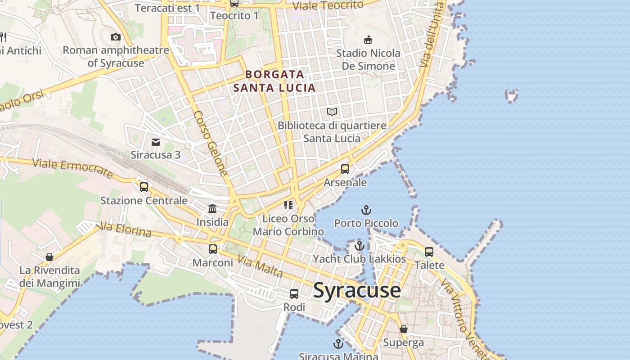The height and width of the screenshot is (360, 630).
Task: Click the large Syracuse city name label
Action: pyautogui.click(x=357, y=290)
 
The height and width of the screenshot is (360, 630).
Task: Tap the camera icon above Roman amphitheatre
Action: pyautogui.click(x=116, y=37)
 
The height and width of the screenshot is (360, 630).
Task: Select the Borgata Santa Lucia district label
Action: pyautogui.click(x=274, y=81)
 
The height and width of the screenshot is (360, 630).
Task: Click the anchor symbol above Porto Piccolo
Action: pyautogui.click(x=366, y=210)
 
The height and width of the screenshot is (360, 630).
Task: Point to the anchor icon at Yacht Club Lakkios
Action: pyautogui.click(x=359, y=246)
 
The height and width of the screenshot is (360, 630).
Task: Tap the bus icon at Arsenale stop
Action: pyautogui.click(x=345, y=169)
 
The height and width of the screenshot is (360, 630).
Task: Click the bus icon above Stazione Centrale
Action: pyautogui.click(x=144, y=187)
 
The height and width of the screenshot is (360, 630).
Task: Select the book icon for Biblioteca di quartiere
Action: pyautogui.click(x=332, y=112)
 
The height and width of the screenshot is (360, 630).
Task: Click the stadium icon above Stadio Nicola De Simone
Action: pyautogui.click(x=368, y=40)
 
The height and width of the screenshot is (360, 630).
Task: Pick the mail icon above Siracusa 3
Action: pyautogui.click(x=156, y=142)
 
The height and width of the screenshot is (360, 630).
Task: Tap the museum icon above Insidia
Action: pyautogui.click(x=212, y=209)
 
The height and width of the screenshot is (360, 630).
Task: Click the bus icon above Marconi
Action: pyautogui.click(x=213, y=249)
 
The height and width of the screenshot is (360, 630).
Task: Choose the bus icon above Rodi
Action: pyautogui.click(x=294, y=294)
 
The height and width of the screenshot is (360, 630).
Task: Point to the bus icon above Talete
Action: pyautogui.click(x=429, y=252)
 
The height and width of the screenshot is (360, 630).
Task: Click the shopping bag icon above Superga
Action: pyautogui.click(x=404, y=329)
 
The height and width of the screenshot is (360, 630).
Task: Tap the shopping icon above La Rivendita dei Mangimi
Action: pyautogui.click(x=49, y=257)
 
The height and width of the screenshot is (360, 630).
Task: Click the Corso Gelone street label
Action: pyautogui.click(x=211, y=143)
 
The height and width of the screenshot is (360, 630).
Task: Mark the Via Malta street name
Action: pyautogui.click(x=260, y=266)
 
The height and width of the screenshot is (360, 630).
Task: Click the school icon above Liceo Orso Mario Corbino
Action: pyautogui.click(x=288, y=205)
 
